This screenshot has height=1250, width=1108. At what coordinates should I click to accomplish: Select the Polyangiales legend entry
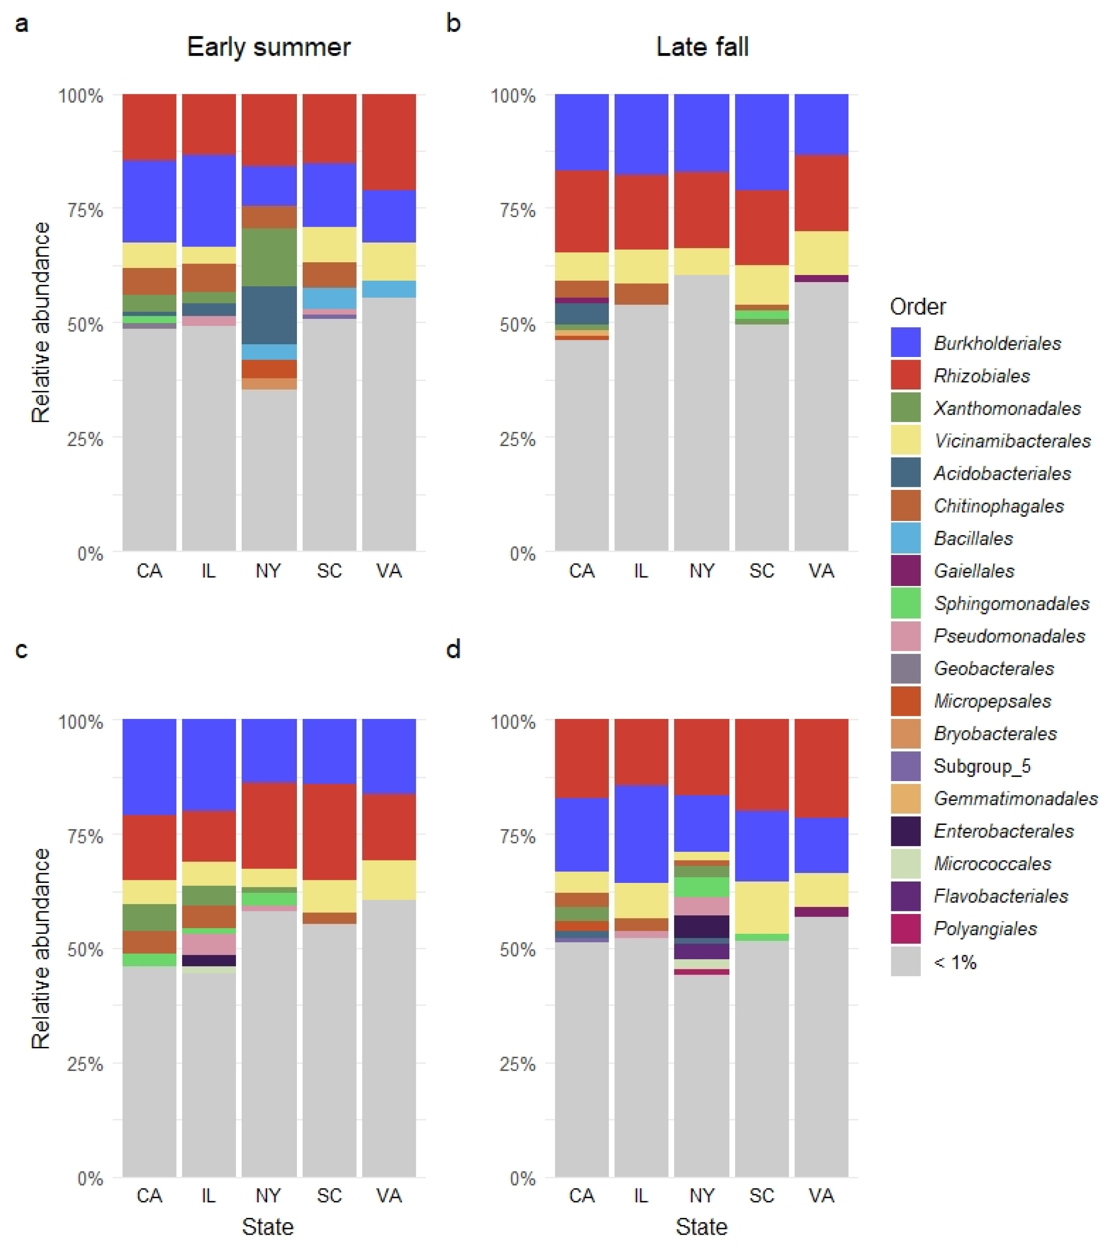(984, 929)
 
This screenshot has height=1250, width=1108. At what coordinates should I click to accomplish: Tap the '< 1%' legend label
(955, 962)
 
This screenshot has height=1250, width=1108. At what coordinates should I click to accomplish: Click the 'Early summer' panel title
(268, 47)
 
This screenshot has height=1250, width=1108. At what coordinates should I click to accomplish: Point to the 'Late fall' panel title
(702, 47)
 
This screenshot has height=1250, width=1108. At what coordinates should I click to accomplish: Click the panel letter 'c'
(21, 650)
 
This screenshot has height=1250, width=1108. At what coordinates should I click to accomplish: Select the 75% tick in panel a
(84, 210)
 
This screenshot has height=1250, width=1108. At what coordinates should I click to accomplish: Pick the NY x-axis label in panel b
(701, 571)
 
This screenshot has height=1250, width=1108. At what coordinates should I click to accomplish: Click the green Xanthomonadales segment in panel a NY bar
(268, 257)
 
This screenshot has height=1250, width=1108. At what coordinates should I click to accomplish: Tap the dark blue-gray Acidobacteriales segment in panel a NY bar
(268, 315)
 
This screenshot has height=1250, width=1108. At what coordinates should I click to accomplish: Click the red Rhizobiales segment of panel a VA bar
(389, 142)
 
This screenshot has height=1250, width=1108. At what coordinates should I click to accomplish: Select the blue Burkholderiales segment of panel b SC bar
(761, 142)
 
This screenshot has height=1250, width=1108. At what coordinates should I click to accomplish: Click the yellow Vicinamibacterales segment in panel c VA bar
(389, 879)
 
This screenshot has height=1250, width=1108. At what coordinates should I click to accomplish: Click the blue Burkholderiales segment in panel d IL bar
(641, 833)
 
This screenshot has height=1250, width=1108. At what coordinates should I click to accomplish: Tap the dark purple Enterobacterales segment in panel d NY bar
(701, 926)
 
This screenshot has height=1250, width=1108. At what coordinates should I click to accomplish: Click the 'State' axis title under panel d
(701, 1227)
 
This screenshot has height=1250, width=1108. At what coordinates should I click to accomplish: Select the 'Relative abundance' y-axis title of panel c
(40, 948)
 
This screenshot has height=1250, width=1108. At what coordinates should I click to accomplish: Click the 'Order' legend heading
(917, 307)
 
